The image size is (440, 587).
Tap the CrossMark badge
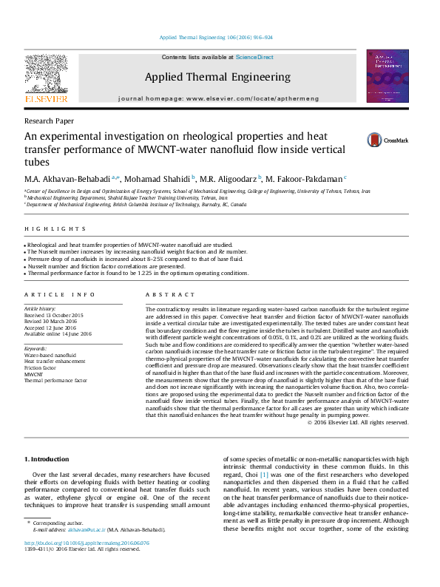(388, 139)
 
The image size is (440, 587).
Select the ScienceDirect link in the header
(254, 57)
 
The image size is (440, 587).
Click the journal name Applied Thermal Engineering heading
(217, 77)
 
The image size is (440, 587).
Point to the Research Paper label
(49, 121)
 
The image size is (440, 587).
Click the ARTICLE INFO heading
(60, 294)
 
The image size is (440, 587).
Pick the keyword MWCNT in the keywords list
(33, 374)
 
